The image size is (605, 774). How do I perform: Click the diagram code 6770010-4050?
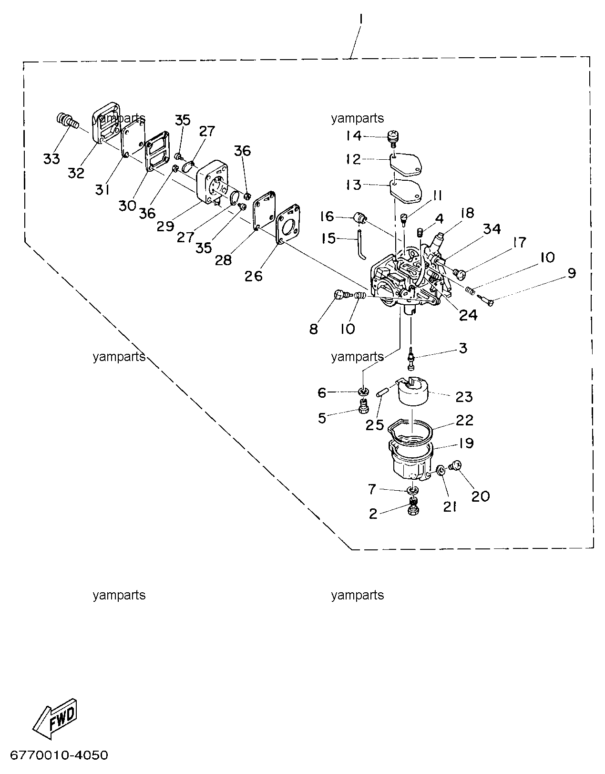click(59, 755)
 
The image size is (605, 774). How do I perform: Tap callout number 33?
click(51, 159)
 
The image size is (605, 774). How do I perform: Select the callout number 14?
click(354, 136)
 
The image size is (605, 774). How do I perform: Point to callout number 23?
click(464, 397)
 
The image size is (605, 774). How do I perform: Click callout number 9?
click(572, 274)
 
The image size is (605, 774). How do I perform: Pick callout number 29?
click(165, 226)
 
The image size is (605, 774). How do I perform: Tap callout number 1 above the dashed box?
click(361, 19)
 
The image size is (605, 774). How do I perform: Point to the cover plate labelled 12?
click(406, 164)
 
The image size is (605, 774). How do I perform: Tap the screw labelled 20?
click(455, 465)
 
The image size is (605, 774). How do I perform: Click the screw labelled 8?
click(340, 294)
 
